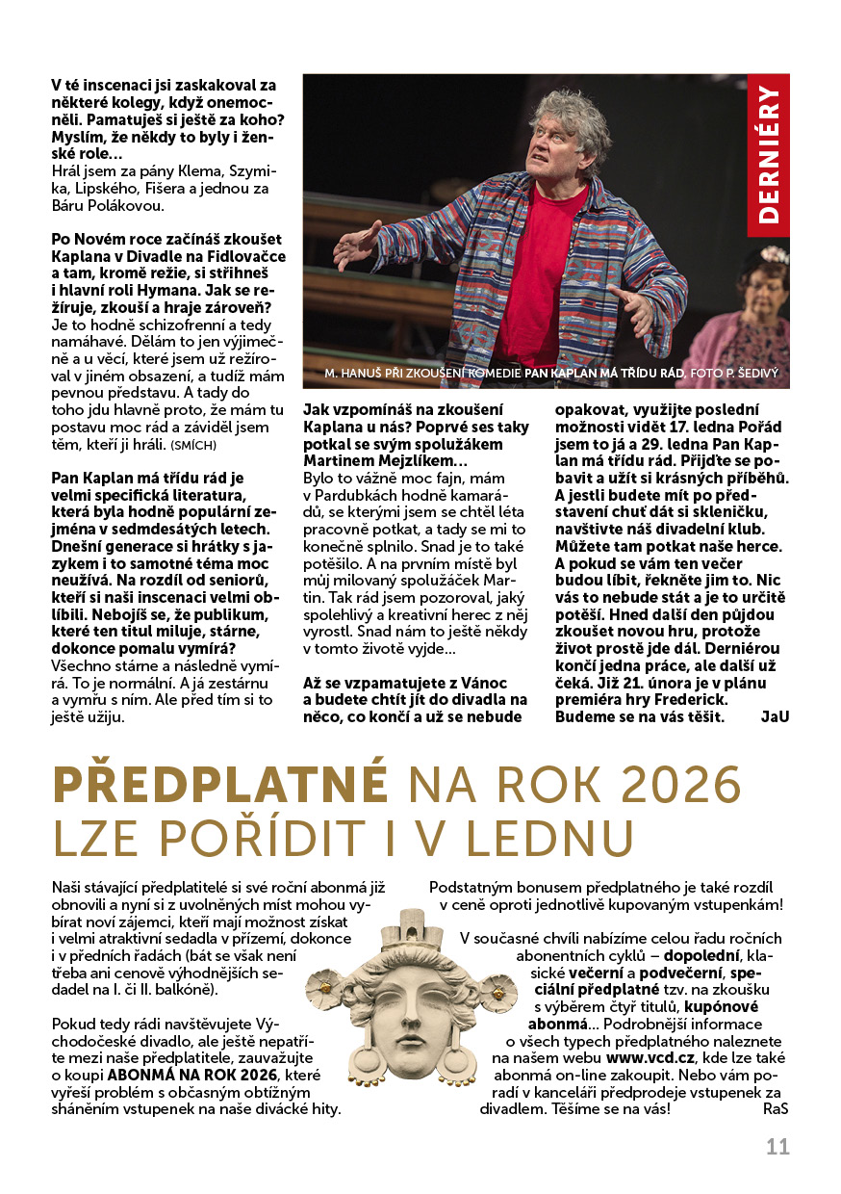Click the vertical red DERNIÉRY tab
tap(769, 154)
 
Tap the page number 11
tap(777, 1147)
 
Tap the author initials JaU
tap(774, 716)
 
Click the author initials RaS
tap(776, 1108)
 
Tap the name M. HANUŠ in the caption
tap(351, 372)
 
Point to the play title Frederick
tap(682, 699)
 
